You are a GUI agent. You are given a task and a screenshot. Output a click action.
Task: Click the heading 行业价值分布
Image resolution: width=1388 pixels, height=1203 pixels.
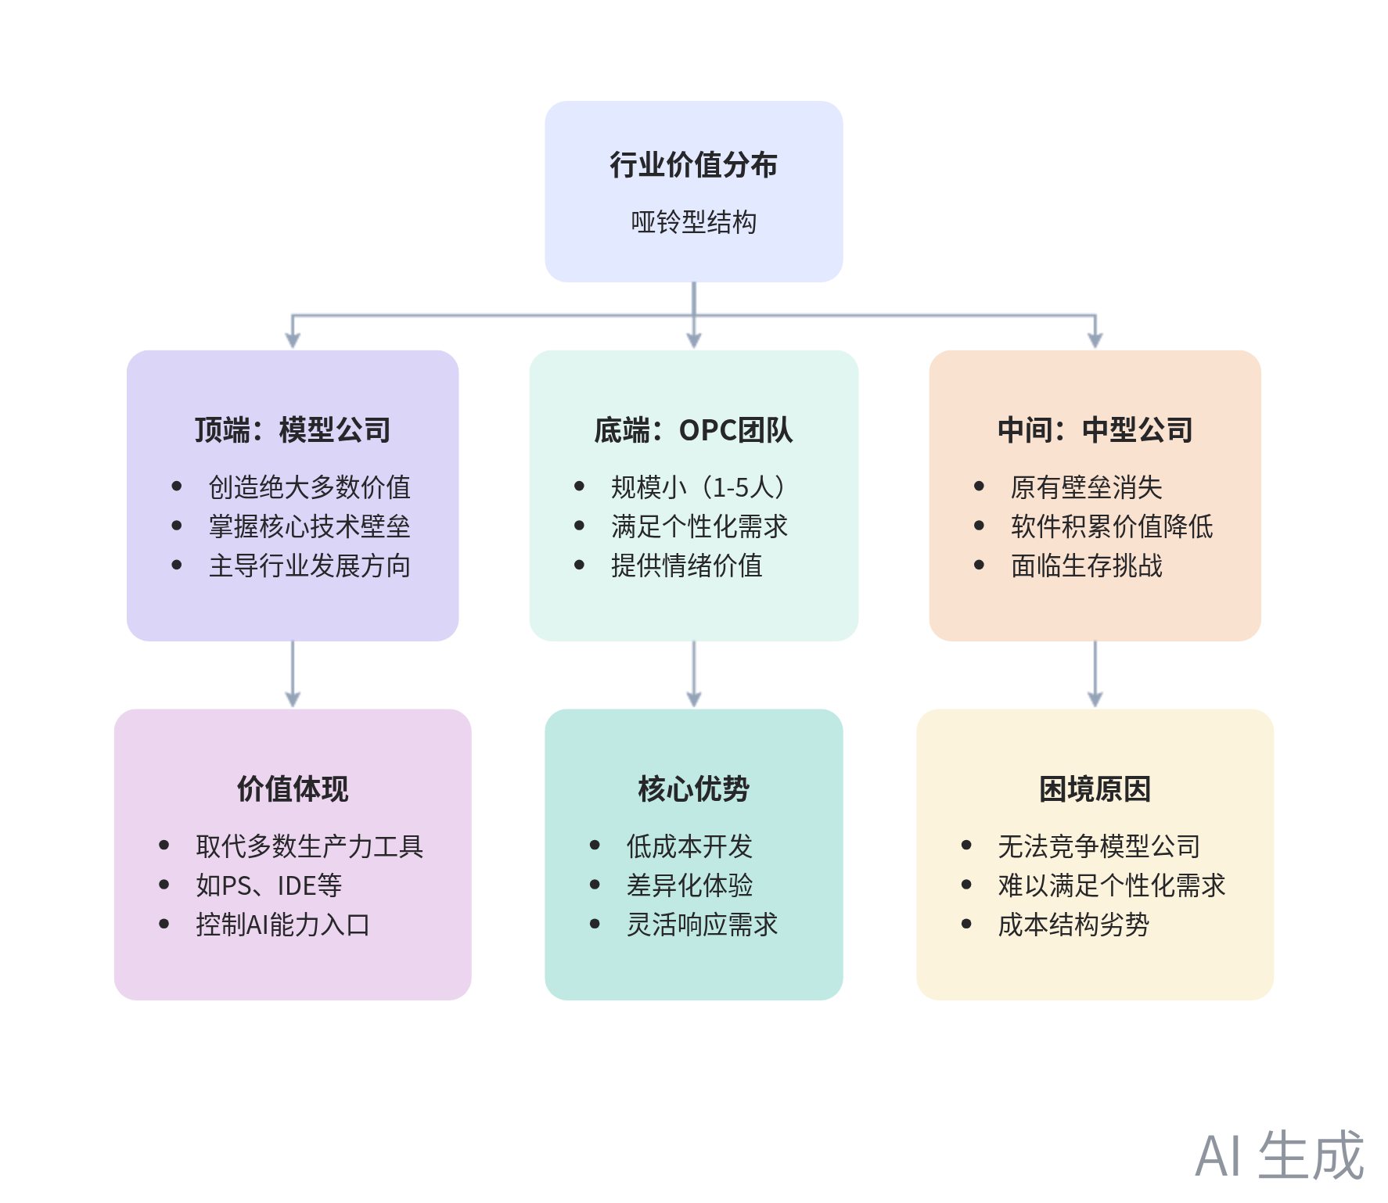pyautogui.click(x=693, y=165)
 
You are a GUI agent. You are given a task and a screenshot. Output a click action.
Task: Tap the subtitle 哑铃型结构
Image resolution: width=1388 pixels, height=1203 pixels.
pyautogui.click(x=693, y=222)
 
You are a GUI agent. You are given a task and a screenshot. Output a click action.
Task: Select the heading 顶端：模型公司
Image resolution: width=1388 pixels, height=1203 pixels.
pyautogui.click(x=293, y=430)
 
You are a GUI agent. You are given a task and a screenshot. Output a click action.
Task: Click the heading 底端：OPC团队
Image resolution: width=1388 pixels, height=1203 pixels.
pyautogui.click(x=693, y=430)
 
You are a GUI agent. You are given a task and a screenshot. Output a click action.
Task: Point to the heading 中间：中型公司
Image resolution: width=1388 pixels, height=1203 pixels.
pyautogui.click(x=1095, y=430)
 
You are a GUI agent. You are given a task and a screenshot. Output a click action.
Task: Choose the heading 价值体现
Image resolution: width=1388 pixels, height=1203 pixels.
pyautogui.click(x=293, y=789)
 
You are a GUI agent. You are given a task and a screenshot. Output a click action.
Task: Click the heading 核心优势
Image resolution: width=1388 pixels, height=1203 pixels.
pyautogui.click(x=693, y=789)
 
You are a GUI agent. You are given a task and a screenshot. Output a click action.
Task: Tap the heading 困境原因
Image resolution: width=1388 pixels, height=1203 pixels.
pyautogui.click(x=1095, y=789)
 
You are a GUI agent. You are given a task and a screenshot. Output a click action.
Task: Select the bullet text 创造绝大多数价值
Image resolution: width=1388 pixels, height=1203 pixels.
pyautogui.click(x=309, y=487)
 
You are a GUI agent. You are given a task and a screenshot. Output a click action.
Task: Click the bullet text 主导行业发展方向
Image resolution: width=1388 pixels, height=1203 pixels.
pyautogui.click(x=309, y=566)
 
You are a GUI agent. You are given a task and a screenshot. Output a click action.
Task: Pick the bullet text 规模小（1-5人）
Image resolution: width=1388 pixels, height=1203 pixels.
pyautogui.click(x=699, y=487)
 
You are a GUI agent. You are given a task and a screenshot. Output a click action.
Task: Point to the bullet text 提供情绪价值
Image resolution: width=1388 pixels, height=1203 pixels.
pyautogui.click(x=686, y=566)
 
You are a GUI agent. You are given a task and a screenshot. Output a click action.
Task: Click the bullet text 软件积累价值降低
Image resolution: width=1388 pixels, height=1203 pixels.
pyautogui.click(x=1111, y=526)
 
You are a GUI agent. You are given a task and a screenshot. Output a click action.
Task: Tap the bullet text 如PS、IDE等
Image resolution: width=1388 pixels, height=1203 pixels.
pyautogui.click(x=268, y=885)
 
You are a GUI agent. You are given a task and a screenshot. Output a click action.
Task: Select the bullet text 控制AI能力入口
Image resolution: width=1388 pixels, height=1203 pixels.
pyautogui.click(x=282, y=925)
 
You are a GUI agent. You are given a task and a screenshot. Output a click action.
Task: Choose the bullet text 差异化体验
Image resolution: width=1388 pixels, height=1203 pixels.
pyautogui.click(x=689, y=885)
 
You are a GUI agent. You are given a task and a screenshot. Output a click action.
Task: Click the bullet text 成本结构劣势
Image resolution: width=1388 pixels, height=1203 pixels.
pyautogui.click(x=1073, y=925)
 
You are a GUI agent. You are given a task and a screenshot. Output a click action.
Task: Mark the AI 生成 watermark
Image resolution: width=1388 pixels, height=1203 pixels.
pyautogui.click(x=1280, y=1155)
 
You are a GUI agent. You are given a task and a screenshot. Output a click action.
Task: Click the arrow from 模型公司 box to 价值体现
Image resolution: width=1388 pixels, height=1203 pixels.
pyautogui.click(x=293, y=674)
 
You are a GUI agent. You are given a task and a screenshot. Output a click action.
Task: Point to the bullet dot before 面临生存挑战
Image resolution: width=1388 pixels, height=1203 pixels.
pyautogui.click(x=979, y=565)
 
